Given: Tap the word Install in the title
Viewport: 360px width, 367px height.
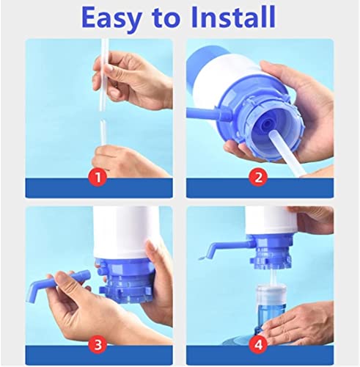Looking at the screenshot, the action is coord(233,17).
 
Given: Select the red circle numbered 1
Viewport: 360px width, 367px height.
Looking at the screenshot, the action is coord(98,177).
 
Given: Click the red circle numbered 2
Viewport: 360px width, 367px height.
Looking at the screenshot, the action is coord(258,177).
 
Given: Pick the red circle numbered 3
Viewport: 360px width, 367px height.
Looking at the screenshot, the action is coord(98,345).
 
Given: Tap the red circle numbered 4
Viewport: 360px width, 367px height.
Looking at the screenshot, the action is coord(258,345).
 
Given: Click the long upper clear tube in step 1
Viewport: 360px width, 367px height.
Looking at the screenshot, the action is coord(105,75).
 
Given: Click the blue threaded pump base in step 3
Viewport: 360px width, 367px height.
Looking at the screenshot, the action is coord(125,280).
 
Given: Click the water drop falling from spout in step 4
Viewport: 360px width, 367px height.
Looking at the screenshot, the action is coord(202,258).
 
